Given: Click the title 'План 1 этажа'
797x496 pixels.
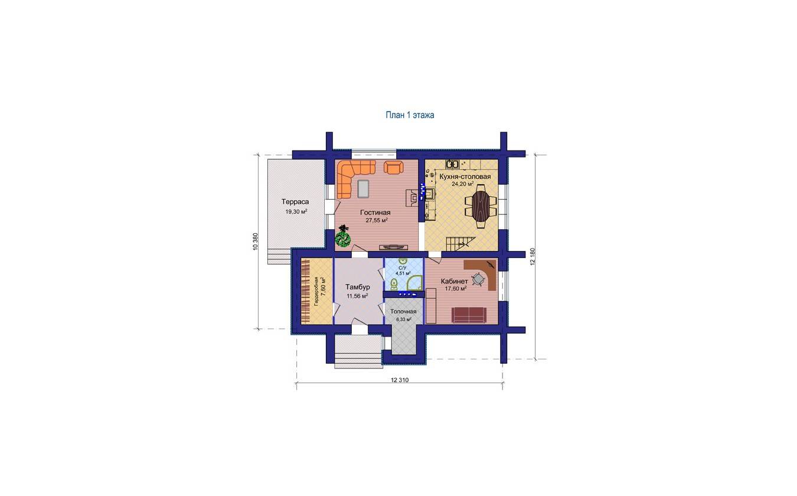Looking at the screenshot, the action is click(410, 115).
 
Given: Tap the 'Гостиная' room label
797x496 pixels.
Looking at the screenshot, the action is click(375, 213).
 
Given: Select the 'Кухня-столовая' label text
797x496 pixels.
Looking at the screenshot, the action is click(465, 177).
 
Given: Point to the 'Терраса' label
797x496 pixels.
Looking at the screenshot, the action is click(295, 202).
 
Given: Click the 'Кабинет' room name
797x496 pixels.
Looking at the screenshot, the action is click(455, 281).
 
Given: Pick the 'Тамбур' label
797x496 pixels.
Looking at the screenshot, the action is click(358, 287).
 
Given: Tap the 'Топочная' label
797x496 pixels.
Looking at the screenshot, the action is click(403, 312).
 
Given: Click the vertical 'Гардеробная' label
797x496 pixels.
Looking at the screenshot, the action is click(316, 292).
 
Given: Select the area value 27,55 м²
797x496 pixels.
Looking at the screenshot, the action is click(377, 220).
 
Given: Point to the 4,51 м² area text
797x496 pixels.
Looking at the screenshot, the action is click(403, 273).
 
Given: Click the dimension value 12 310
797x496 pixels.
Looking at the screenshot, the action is click(400, 380).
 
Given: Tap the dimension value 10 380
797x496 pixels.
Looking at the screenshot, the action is click(255, 242).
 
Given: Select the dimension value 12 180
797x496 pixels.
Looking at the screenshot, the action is click(533, 256).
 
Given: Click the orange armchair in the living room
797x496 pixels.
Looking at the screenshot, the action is click(394, 167).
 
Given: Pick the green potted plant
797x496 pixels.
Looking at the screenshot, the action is click(343, 236).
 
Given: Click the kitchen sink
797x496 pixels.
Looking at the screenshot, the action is click(452, 164).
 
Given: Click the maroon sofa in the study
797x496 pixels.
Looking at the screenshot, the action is click(469, 315).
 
